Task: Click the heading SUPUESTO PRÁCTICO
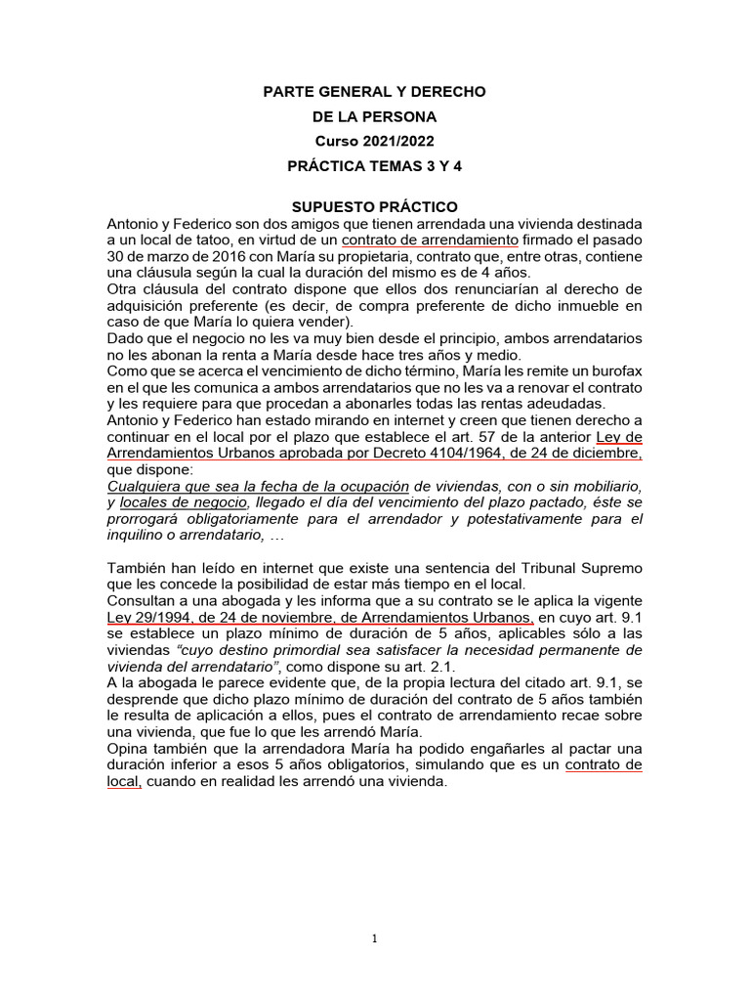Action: [375, 207]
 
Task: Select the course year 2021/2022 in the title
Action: [396, 141]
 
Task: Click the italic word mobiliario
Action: [603, 485]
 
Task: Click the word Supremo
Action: [613, 568]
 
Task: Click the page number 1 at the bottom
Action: [374, 939]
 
